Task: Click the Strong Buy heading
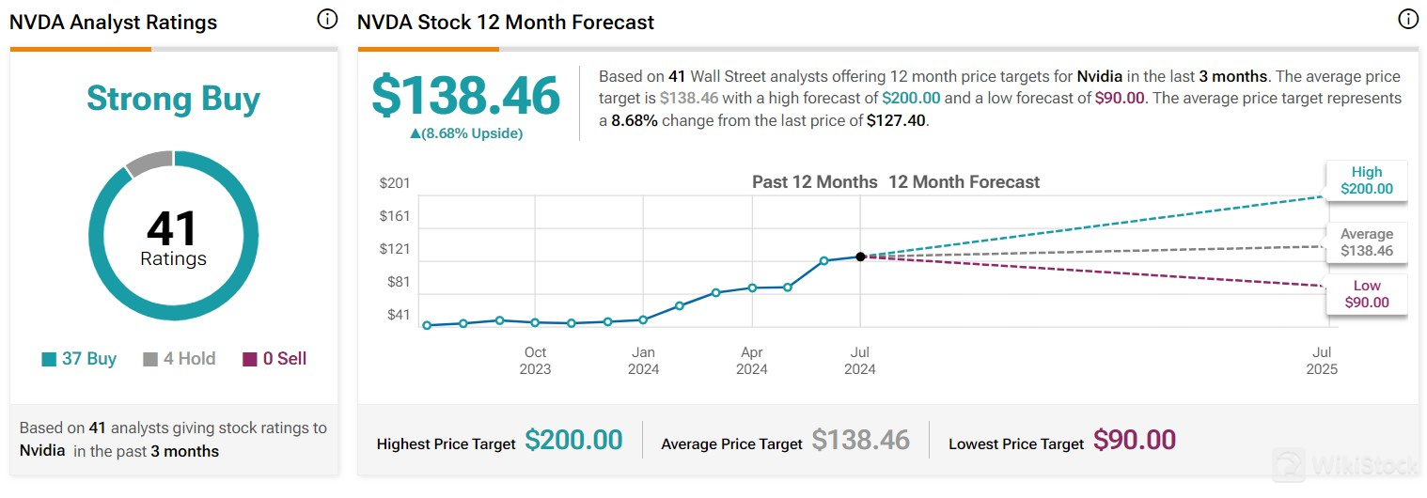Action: [x=173, y=100]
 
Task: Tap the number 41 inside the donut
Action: [x=172, y=228]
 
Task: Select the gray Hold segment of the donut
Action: [x=149, y=163]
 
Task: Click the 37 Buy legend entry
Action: [x=80, y=358]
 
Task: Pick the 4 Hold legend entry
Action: [x=179, y=358]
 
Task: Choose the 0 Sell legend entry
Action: [x=274, y=358]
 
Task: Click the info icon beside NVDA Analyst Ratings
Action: [x=327, y=20]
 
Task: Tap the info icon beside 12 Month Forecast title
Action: [x=1407, y=20]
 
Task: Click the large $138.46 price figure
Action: [x=465, y=96]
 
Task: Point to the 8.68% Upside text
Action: [x=466, y=133]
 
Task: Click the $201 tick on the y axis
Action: [x=395, y=182]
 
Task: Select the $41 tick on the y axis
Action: [x=399, y=315]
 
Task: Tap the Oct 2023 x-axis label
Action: [x=535, y=361]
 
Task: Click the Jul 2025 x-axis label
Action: [x=1322, y=361]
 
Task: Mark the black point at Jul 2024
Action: [x=860, y=257]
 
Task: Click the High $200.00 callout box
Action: [x=1367, y=180]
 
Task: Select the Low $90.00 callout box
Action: [x=1367, y=294]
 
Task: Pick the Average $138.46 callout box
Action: [x=1367, y=242]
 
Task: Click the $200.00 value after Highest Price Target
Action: [x=573, y=440]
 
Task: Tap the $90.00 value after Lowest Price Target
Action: [x=1134, y=440]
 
